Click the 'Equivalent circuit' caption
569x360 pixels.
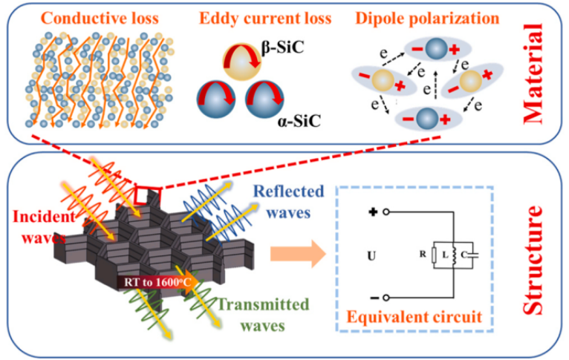coord(418,317)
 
